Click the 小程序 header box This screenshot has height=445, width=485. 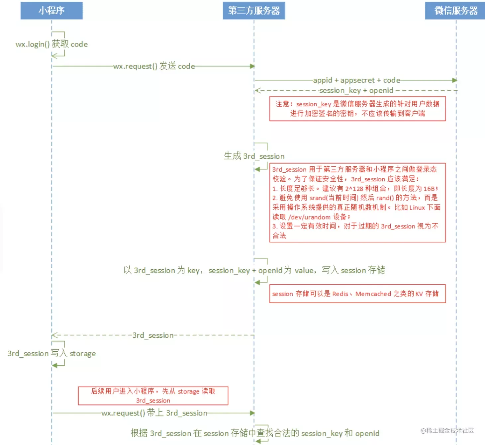coord(51,11)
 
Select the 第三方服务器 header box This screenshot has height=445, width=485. coord(254,11)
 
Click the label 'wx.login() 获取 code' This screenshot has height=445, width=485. coord(52,44)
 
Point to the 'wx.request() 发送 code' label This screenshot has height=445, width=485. coord(154,66)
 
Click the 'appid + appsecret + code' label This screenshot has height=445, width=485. coord(356,80)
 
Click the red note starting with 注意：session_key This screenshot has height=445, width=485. coord(357,109)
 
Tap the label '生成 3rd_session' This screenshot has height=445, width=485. coord(254,156)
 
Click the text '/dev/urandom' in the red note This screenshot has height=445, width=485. coord(309,217)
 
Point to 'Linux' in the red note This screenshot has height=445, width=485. coord(417,208)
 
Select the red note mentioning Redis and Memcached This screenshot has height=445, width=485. coord(357,294)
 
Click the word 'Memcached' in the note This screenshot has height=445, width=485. coord(373,294)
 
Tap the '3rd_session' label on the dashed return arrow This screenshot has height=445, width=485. coord(153,335)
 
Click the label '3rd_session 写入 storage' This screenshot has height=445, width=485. coord(52,354)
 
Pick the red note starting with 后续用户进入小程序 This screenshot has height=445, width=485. coord(153,396)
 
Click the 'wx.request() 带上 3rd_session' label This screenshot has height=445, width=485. coord(154,413)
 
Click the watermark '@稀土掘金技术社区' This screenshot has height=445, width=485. coord(447,430)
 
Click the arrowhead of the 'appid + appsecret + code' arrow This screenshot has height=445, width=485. coord(454,80)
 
